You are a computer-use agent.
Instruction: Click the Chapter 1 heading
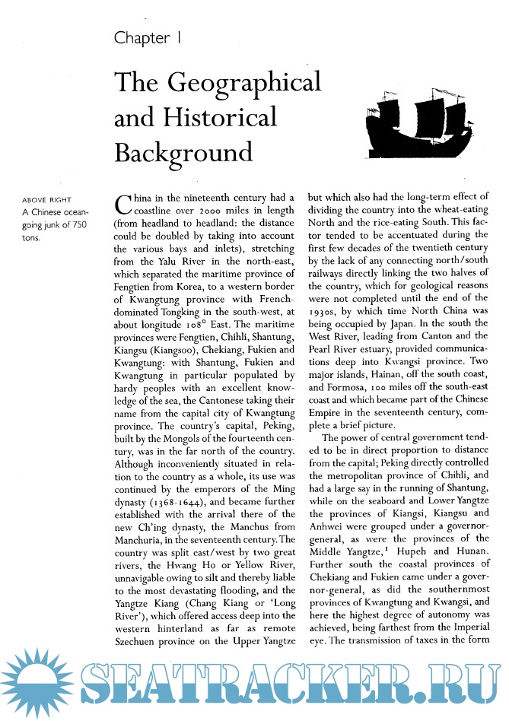coord(147,38)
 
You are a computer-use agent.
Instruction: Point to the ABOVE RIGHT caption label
coord(43,202)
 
